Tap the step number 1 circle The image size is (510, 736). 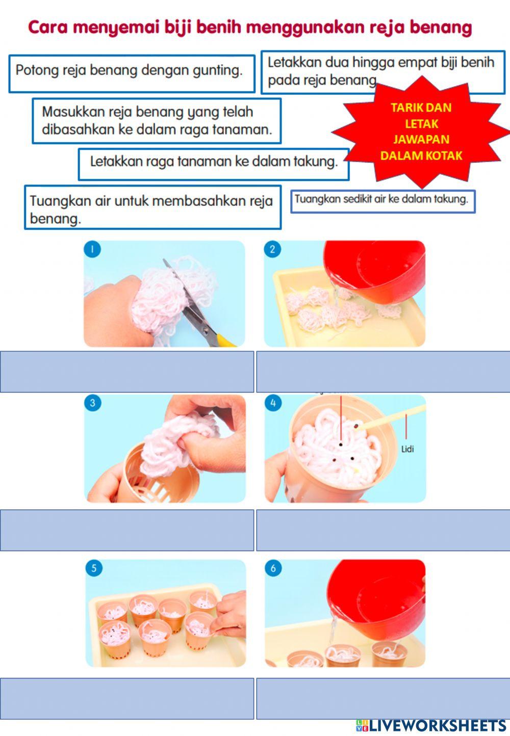pos(92,249)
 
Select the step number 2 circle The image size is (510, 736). pos(272,249)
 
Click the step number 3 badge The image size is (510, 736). pos(92,403)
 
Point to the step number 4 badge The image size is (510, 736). pos(273,403)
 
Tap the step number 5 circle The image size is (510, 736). pos(93,568)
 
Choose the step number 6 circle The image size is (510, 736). pos(273,568)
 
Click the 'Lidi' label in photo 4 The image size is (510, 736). pos(407,449)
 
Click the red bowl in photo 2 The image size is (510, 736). pos(377,273)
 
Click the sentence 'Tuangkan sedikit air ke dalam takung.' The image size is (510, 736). pos(381,199)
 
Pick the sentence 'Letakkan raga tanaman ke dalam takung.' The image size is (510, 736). pos(214,162)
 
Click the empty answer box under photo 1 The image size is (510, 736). pos(127,372)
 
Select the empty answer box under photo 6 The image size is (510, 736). pos(383,698)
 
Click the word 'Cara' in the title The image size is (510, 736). pos(48,28)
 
